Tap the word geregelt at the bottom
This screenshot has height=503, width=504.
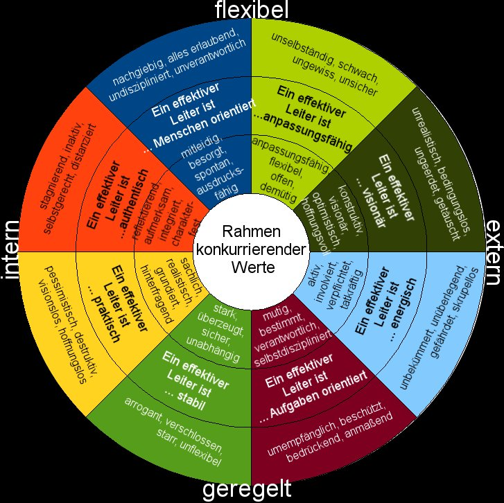247,491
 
